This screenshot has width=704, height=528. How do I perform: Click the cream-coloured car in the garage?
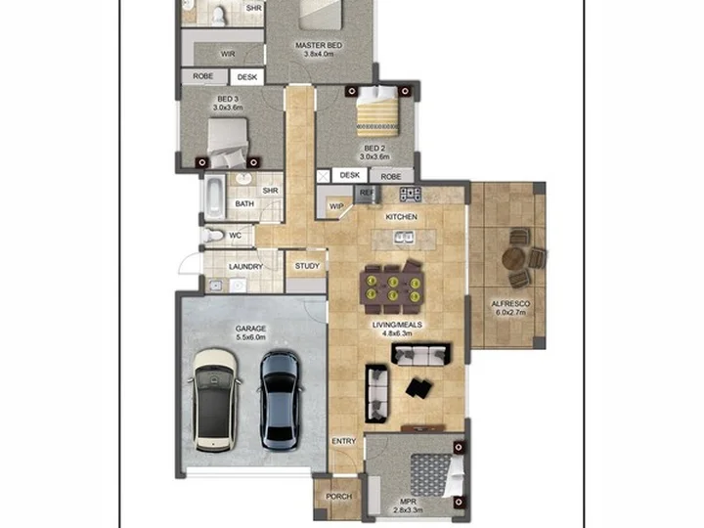tap(214, 400)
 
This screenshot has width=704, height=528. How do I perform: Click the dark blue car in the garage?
tap(280, 401)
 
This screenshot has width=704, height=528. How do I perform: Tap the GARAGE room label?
tap(250, 329)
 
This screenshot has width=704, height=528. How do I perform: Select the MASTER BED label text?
tap(319, 45)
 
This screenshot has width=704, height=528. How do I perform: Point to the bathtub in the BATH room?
tap(214, 198)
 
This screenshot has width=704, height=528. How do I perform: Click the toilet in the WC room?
tap(212, 236)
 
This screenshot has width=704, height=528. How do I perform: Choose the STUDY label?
tap(307, 266)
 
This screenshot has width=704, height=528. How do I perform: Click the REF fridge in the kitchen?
tap(367, 194)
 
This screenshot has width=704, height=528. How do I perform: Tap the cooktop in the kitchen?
tap(411, 194)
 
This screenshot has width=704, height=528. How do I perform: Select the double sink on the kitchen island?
tap(404, 237)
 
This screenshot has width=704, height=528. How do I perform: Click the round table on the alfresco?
tap(513, 258)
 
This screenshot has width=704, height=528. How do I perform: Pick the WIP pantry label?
tap(336, 206)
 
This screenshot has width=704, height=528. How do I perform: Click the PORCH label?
tap(339, 497)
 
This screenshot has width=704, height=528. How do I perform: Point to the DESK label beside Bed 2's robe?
tap(350, 175)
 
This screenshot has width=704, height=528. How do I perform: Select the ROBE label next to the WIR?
tap(203, 76)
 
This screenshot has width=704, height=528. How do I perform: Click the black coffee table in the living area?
tap(419, 388)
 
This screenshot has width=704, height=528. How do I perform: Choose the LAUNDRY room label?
tap(245, 267)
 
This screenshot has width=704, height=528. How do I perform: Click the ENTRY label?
tap(344, 441)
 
